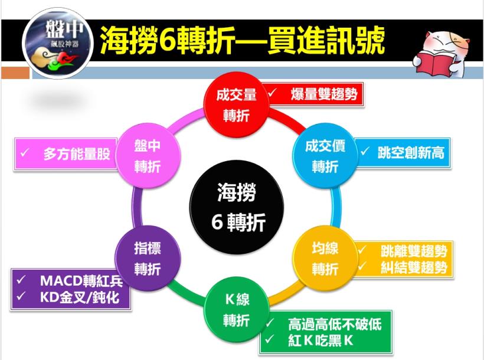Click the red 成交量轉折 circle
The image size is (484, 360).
(236, 104)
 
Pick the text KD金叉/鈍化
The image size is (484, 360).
(80, 297)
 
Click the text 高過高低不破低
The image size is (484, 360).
(335, 323)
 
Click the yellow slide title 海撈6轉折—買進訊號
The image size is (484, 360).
(242, 41)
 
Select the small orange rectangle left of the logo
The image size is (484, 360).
(15, 73)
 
